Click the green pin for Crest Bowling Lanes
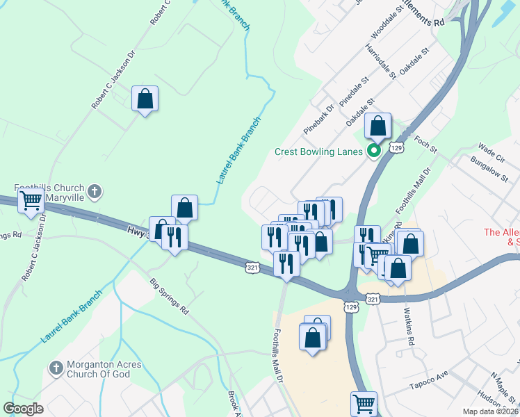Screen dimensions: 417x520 tap(374, 151)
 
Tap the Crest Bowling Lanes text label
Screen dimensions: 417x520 tap(319, 152)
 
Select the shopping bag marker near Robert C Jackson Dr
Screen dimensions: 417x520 tap(145, 99)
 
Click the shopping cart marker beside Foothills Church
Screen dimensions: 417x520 tap(31, 201)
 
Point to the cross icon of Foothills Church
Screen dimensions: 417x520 tap(95, 190)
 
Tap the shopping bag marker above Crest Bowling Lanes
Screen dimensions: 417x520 tap(378, 126)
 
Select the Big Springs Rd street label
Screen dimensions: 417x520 tap(170, 296)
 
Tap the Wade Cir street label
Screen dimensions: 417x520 tap(490, 150)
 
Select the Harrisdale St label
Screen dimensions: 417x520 tap(382, 64)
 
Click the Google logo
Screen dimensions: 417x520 tap(23, 408)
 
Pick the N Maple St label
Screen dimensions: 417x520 tap(505, 386)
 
